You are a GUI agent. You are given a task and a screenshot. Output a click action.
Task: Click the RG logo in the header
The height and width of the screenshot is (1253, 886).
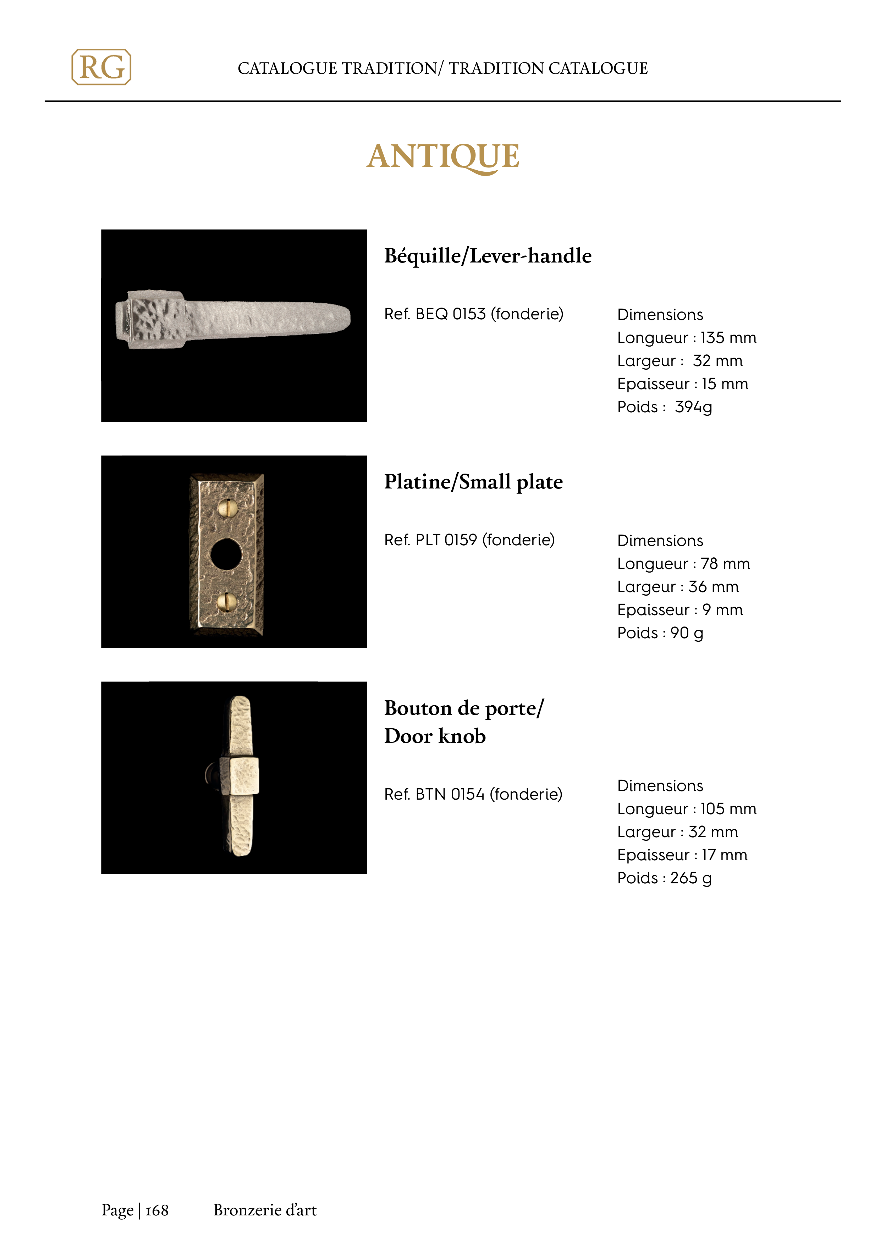pos(101,67)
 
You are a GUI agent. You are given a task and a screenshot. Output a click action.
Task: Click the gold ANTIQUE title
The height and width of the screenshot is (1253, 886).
pos(443,157)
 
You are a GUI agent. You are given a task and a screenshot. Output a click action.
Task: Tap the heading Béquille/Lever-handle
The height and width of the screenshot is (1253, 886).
pos(488,256)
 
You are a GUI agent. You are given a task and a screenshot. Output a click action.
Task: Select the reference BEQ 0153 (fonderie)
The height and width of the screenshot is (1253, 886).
pos(473,314)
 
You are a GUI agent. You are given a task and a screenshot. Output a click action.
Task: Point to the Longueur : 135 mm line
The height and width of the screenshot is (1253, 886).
pos(686,338)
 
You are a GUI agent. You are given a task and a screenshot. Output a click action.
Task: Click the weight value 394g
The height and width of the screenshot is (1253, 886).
pos(693,407)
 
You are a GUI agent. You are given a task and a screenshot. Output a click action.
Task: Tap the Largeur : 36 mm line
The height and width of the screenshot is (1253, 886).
pos(677,587)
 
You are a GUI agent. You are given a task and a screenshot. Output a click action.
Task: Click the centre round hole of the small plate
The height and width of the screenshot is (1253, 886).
pos(226,554)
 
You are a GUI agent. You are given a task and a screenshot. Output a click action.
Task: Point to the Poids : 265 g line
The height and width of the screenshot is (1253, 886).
pos(664,878)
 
